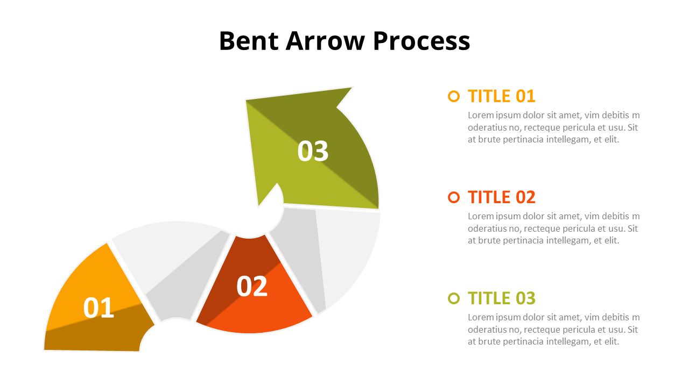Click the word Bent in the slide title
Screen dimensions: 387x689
(248, 41)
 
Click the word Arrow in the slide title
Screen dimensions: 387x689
(325, 41)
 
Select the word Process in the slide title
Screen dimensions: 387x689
(421, 42)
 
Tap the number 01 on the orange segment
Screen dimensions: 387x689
(99, 308)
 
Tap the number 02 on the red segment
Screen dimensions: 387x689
(252, 286)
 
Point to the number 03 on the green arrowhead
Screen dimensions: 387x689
(313, 151)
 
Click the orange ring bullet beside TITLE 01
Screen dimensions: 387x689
(454, 96)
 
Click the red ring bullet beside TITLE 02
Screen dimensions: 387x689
(454, 197)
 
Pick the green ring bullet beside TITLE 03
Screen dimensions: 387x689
(454, 298)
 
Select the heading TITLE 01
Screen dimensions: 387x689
(501, 96)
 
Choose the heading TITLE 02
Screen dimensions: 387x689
(501, 197)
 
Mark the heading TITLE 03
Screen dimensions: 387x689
(501, 298)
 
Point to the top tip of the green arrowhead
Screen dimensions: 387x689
(351, 88)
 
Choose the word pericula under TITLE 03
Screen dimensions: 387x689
(582, 329)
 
